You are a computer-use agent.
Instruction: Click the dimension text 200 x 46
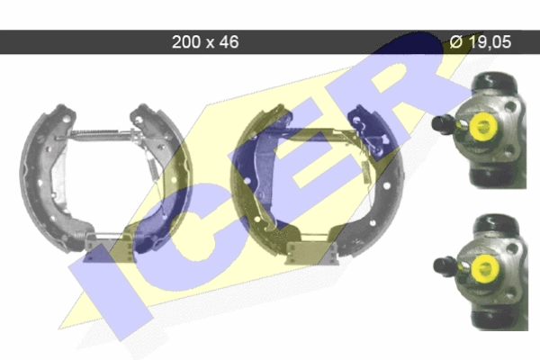click(205, 42)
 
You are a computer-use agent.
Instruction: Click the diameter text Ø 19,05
click(480, 42)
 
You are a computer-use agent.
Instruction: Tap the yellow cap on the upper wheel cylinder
click(482, 126)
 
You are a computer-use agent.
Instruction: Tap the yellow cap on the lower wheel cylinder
click(484, 269)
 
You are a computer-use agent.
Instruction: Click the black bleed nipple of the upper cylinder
click(444, 123)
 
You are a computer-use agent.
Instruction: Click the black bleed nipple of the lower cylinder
click(445, 266)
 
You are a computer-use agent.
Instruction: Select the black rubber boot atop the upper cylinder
click(494, 81)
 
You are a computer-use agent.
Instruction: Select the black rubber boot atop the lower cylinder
click(495, 223)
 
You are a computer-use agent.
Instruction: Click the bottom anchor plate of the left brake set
click(109, 246)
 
